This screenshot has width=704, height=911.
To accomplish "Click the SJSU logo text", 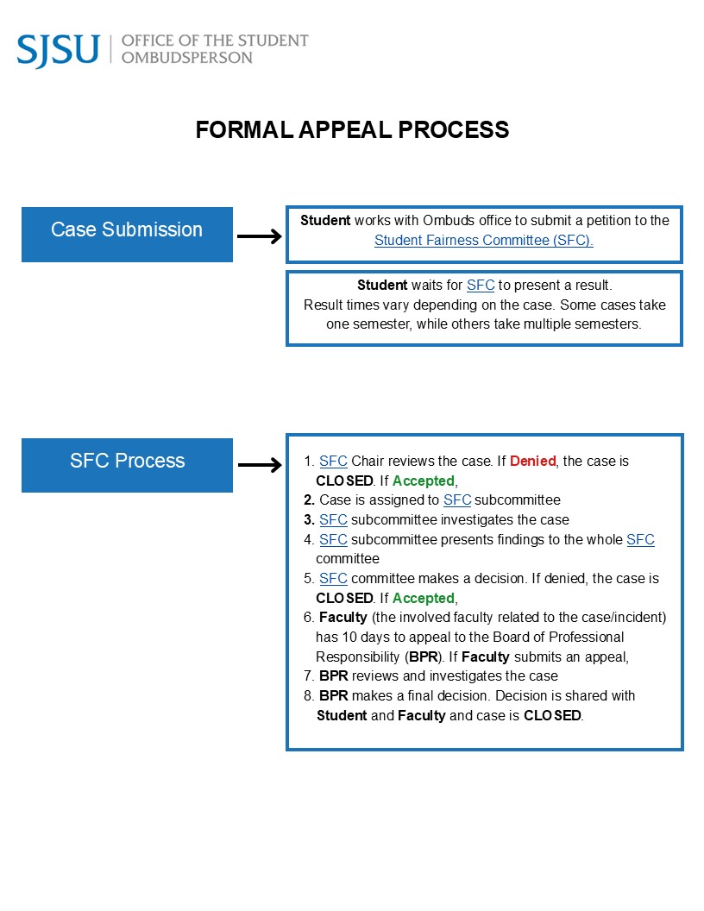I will [58, 50].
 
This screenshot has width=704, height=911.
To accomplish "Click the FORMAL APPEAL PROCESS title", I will [352, 129].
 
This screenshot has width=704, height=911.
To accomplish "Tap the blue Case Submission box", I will [127, 229].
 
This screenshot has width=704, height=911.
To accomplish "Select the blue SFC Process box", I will [127, 461].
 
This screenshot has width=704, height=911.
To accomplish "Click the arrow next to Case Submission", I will [259, 236].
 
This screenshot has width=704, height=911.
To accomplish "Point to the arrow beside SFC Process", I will [259, 466].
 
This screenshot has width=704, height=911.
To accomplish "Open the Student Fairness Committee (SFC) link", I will [483, 241].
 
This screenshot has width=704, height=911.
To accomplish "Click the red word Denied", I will [532, 462].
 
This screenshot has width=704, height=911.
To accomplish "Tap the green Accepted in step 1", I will [423, 481].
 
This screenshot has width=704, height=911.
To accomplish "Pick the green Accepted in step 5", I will [423, 598].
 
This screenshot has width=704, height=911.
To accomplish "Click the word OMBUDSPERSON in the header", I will [187, 58].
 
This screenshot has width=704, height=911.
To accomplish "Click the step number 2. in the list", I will [309, 500].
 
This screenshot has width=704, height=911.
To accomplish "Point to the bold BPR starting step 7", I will [333, 676].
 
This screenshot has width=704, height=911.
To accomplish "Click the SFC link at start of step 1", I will [333, 462].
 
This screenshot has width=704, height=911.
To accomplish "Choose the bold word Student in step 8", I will [342, 715].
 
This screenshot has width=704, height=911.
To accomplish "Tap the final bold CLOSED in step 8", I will [552, 715].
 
